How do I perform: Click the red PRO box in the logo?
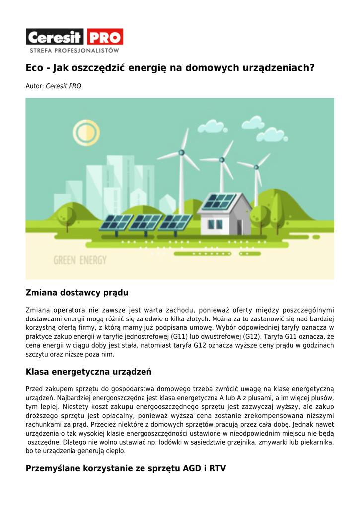[105, 37]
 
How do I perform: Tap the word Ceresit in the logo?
[56, 37]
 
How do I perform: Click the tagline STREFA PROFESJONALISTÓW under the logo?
[74, 51]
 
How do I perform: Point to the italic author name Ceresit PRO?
[64, 86]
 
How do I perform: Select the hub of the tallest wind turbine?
[182, 152]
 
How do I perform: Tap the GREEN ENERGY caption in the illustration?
[80, 260]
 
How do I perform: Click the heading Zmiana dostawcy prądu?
[77, 293]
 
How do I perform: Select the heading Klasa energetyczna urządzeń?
[88, 372]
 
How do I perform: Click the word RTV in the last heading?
[217, 468]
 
